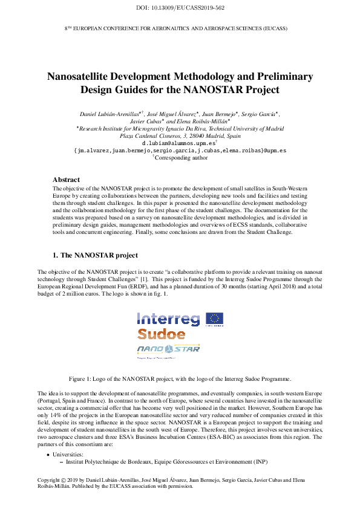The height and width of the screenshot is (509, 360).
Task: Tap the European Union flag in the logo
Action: [x=214, y=319]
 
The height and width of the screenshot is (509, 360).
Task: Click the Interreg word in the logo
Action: [x=169, y=319]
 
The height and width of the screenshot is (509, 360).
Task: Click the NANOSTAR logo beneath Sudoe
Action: [x=168, y=349]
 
